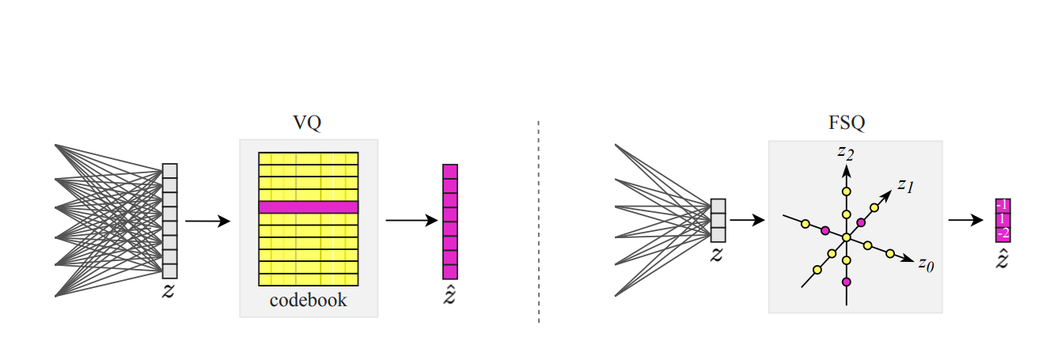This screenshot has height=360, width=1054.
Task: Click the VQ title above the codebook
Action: pyautogui.click(x=308, y=123)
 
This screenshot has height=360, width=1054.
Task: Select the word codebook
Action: pyautogui.click(x=308, y=300)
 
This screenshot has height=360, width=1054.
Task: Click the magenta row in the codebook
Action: pyautogui.click(x=309, y=207)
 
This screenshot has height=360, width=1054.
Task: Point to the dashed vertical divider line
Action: pyautogui.click(x=539, y=222)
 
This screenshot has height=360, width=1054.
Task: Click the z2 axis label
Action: pyautogui.click(x=846, y=151)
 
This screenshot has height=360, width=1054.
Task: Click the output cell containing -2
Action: pyautogui.click(x=1003, y=233)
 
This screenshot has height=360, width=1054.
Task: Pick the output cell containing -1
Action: pyautogui.click(x=1003, y=204)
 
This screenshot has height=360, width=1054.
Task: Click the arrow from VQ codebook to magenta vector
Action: pyautogui.click(x=411, y=221)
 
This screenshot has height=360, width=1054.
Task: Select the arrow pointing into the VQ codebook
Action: pyautogui.click(x=207, y=222)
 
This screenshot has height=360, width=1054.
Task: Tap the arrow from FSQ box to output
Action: pyautogui.click(x=965, y=220)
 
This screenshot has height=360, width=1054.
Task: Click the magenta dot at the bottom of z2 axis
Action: pyautogui.click(x=847, y=282)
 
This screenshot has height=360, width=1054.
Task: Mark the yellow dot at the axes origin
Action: pyautogui.click(x=847, y=237)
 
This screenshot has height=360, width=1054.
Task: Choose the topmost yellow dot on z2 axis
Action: pyautogui.click(x=847, y=191)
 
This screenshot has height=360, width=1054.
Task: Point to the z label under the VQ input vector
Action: pyautogui.click(x=169, y=291)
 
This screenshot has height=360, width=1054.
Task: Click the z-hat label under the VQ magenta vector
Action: pyautogui.click(x=450, y=296)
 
